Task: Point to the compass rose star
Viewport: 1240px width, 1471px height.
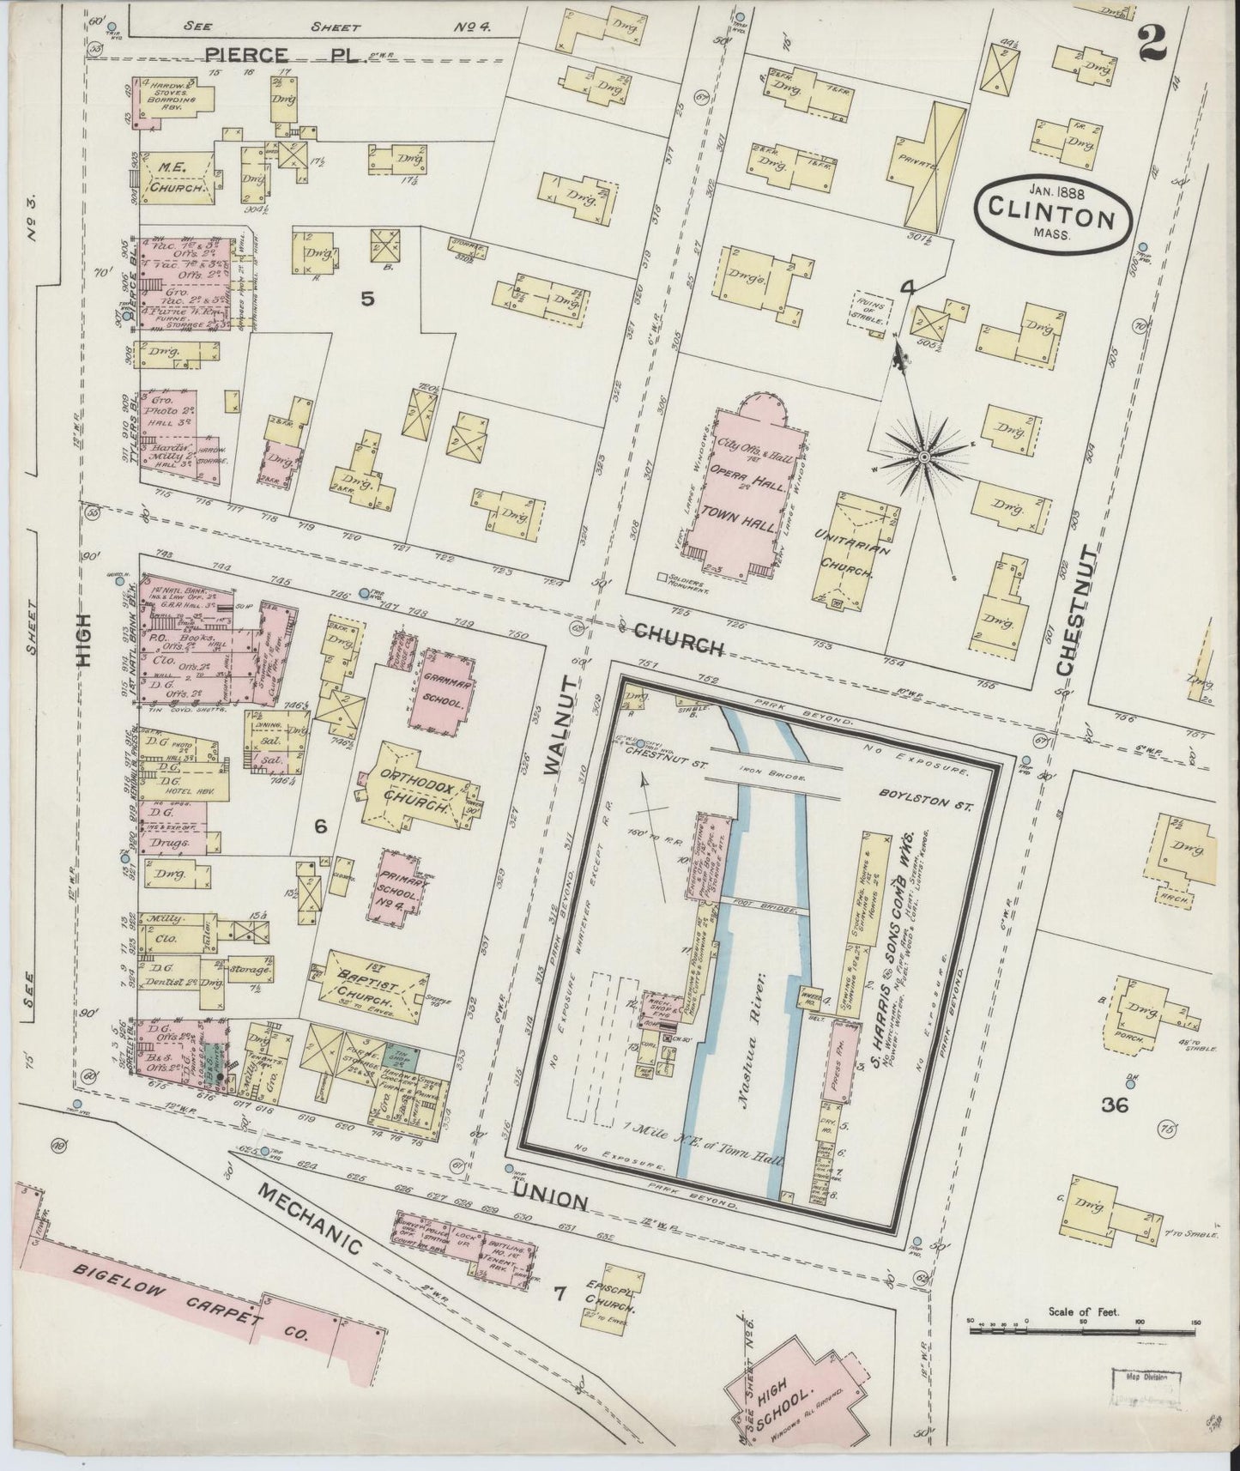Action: (923, 458)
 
